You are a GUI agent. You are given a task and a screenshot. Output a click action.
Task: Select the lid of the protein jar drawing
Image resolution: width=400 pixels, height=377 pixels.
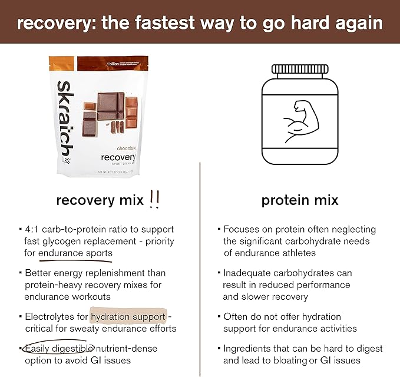point(300,70)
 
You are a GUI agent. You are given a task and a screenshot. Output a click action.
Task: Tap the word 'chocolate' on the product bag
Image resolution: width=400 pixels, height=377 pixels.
point(119,148)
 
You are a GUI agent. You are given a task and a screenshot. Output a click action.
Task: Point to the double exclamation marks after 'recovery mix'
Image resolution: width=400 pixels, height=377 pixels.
point(155,200)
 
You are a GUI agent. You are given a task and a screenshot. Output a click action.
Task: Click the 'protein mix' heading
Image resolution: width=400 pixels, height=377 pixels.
point(300,200)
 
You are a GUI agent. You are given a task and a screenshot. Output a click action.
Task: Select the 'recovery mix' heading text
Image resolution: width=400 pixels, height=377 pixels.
point(100,200)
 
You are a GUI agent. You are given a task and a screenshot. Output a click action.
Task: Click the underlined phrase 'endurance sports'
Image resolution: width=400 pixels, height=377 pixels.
point(75,253)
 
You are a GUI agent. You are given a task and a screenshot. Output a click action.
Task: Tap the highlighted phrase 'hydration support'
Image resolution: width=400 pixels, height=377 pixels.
point(128,316)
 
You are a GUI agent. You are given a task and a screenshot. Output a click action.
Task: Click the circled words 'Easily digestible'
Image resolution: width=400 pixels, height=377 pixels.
point(56,348)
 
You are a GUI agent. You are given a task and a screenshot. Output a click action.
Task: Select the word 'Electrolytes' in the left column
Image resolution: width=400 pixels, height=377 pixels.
point(49,316)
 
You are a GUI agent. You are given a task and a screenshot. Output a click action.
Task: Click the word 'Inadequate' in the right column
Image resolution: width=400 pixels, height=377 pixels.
point(247,273)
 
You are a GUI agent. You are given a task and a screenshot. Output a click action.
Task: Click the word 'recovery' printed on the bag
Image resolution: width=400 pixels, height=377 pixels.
point(118,158)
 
